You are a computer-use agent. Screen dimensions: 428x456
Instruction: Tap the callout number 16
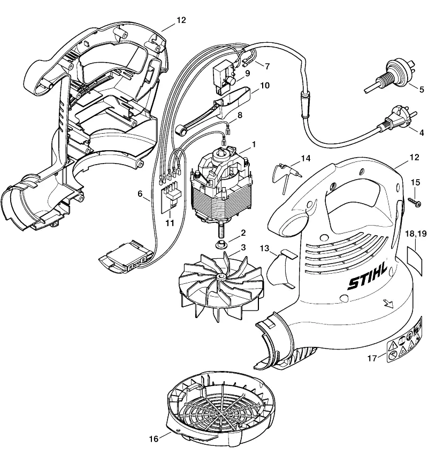coord(154,438)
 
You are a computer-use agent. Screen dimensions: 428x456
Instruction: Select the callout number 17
coord(372,358)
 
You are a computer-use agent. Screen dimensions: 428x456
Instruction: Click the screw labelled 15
coord(415,203)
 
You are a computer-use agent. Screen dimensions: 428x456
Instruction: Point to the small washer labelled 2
coord(220,245)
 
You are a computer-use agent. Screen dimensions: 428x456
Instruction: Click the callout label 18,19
coord(416,233)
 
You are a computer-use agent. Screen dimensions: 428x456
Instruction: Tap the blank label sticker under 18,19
coord(414,259)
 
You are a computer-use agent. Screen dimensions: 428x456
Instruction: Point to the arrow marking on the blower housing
coord(388,303)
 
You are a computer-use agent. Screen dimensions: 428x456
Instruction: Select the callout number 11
coord(170,223)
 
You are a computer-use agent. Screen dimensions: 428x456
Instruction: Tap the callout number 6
coord(140,194)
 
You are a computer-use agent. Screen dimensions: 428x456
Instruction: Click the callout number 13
coord(264,248)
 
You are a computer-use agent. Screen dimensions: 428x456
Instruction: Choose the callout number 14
coord(305,158)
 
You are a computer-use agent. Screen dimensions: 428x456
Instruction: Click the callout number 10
coord(264,85)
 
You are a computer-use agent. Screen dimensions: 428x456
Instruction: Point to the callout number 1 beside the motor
coord(254,144)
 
